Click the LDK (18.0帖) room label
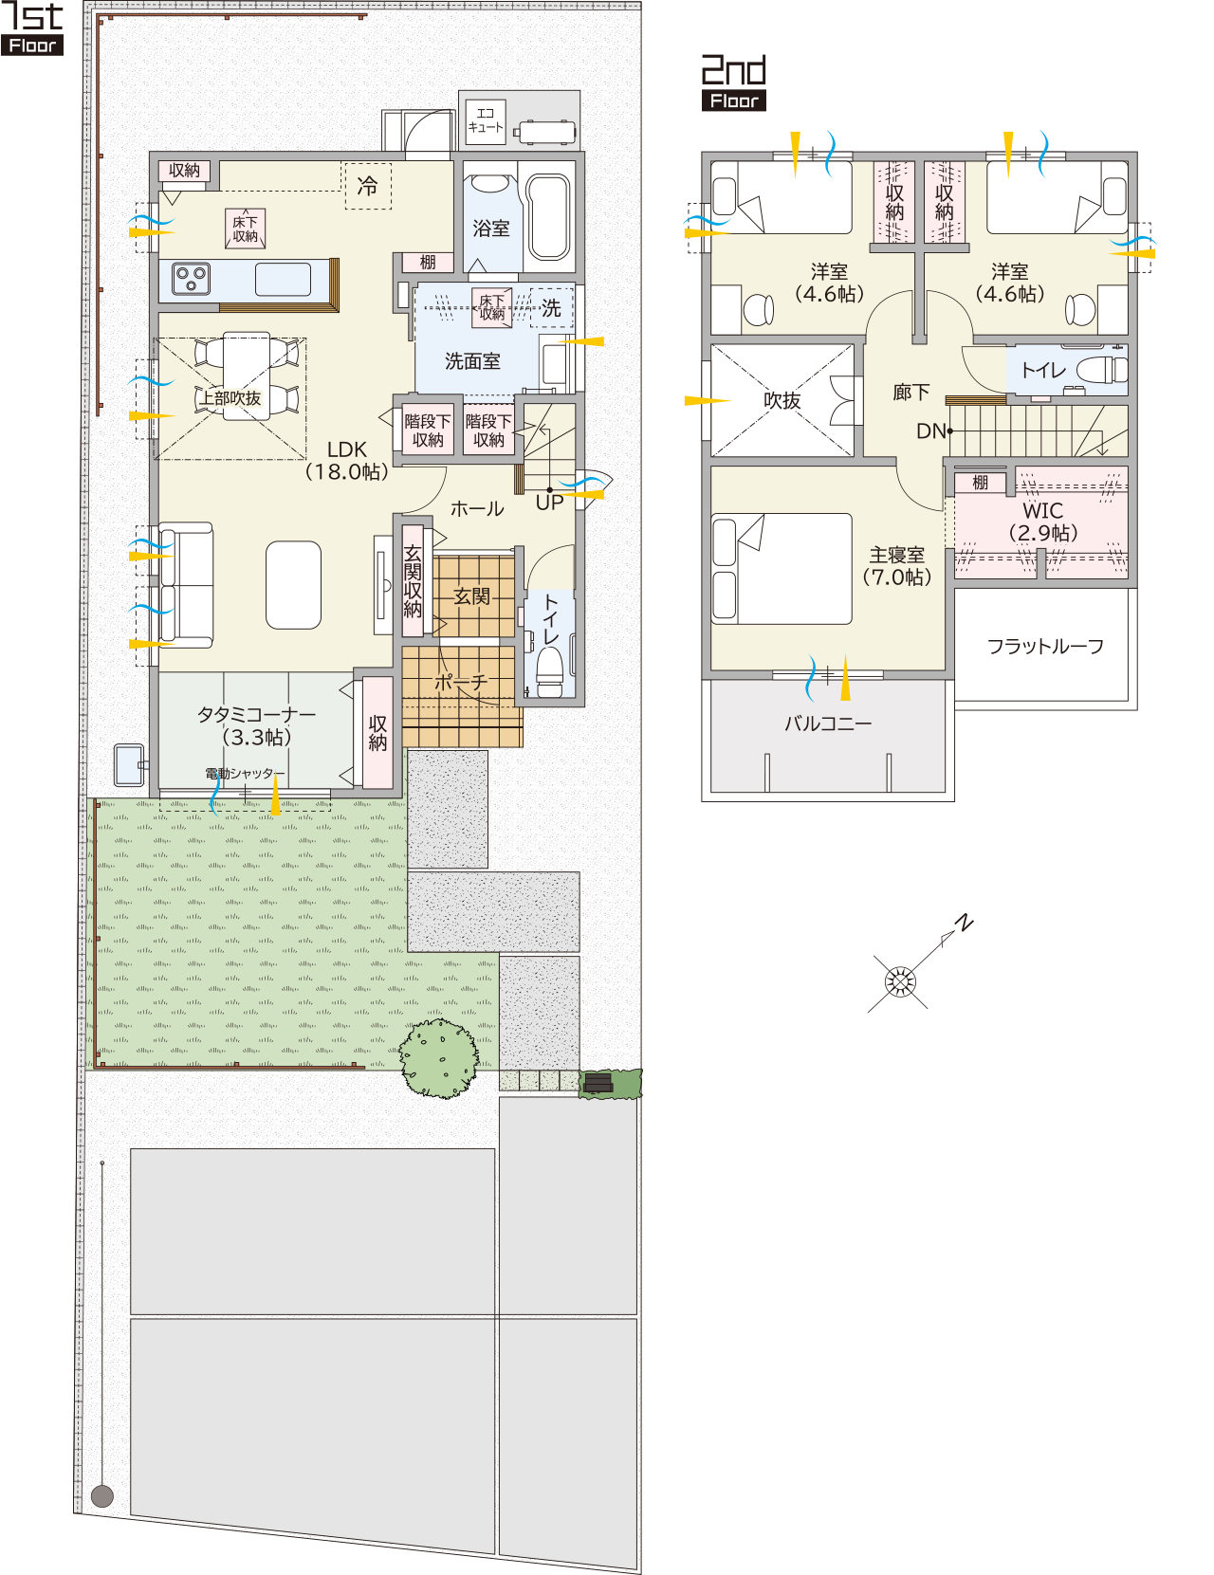click(x=346, y=461)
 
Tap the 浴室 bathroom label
click(x=490, y=229)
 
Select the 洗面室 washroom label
click(x=472, y=361)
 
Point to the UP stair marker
click(x=549, y=503)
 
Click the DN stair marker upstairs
click(x=931, y=431)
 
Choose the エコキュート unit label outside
click(x=485, y=120)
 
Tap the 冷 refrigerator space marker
click(x=367, y=186)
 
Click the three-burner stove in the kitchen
click(x=192, y=279)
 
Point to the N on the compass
click(x=964, y=924)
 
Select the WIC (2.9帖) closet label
click(x=1043, y=522)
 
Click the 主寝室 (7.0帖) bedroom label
click(x=896, y=566)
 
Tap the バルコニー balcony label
click(x=828, y=723)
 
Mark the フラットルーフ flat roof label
click(x=1045, y=646)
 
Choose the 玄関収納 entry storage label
click(x=413, y=581)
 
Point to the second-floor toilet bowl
click(x=1102, y=370)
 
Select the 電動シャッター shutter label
click(x=240, y=774)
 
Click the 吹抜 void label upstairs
click(x=782, y=401)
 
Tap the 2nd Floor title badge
click(x=733, y=82)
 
